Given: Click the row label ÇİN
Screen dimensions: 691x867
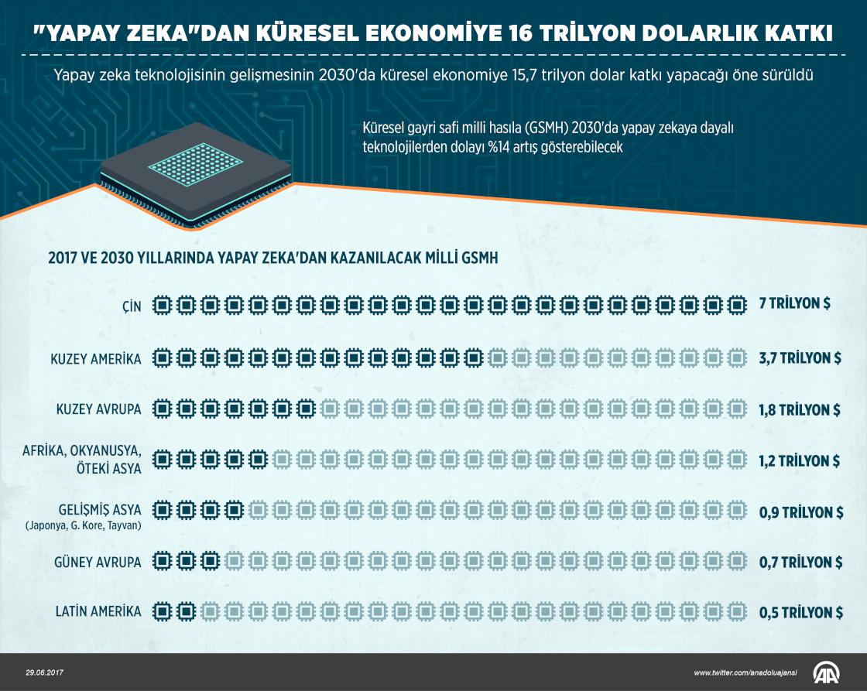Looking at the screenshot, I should [x=131, y=307].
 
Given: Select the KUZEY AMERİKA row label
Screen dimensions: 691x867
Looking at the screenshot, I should [x=96, y=359].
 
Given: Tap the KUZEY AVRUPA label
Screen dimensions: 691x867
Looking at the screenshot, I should [x=99, y=409].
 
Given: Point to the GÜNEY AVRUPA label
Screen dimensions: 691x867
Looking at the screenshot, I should [x=98, y=563].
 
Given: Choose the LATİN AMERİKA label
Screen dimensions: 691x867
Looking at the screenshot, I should [x=98, y=612].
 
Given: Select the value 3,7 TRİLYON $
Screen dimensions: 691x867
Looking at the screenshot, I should [x=800, y=358].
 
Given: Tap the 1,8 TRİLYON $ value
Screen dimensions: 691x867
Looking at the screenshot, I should [x=800, y=409].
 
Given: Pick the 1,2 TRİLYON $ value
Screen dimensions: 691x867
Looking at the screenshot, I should [x=800, y=460].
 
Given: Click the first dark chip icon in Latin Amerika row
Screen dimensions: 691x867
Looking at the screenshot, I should [x=161, y=612].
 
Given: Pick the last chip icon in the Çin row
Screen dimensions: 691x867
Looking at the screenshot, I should [x=736, y=306].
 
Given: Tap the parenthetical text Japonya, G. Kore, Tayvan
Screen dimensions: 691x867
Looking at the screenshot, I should [x=83, y=526].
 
